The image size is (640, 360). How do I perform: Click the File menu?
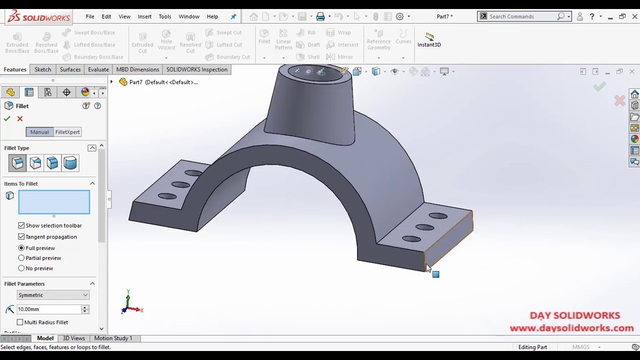(90, 16)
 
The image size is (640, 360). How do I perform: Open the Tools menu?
(165, 16)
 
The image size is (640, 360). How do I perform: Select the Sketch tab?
(42, 69)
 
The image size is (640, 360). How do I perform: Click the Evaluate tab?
(98, 69)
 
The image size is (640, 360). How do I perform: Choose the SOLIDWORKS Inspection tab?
(196, 69)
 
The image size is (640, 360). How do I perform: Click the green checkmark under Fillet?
(7, 118)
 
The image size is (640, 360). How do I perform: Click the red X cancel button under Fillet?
(20, 118)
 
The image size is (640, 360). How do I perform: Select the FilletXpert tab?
(67, 132)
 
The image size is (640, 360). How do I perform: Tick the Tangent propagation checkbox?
(21, 237)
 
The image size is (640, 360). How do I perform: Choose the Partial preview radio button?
(21, 258)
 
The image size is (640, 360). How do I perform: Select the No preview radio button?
(21, 268)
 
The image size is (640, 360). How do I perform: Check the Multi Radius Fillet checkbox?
(20, 322)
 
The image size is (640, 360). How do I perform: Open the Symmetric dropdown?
(52, 295)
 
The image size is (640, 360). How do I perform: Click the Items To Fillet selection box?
(54, 202)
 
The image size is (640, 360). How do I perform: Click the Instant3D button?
(429, 40)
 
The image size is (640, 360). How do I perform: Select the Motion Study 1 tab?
(113, 338)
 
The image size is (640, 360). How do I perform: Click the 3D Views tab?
(73, 338)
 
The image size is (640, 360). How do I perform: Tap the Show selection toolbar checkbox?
(21, 225)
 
